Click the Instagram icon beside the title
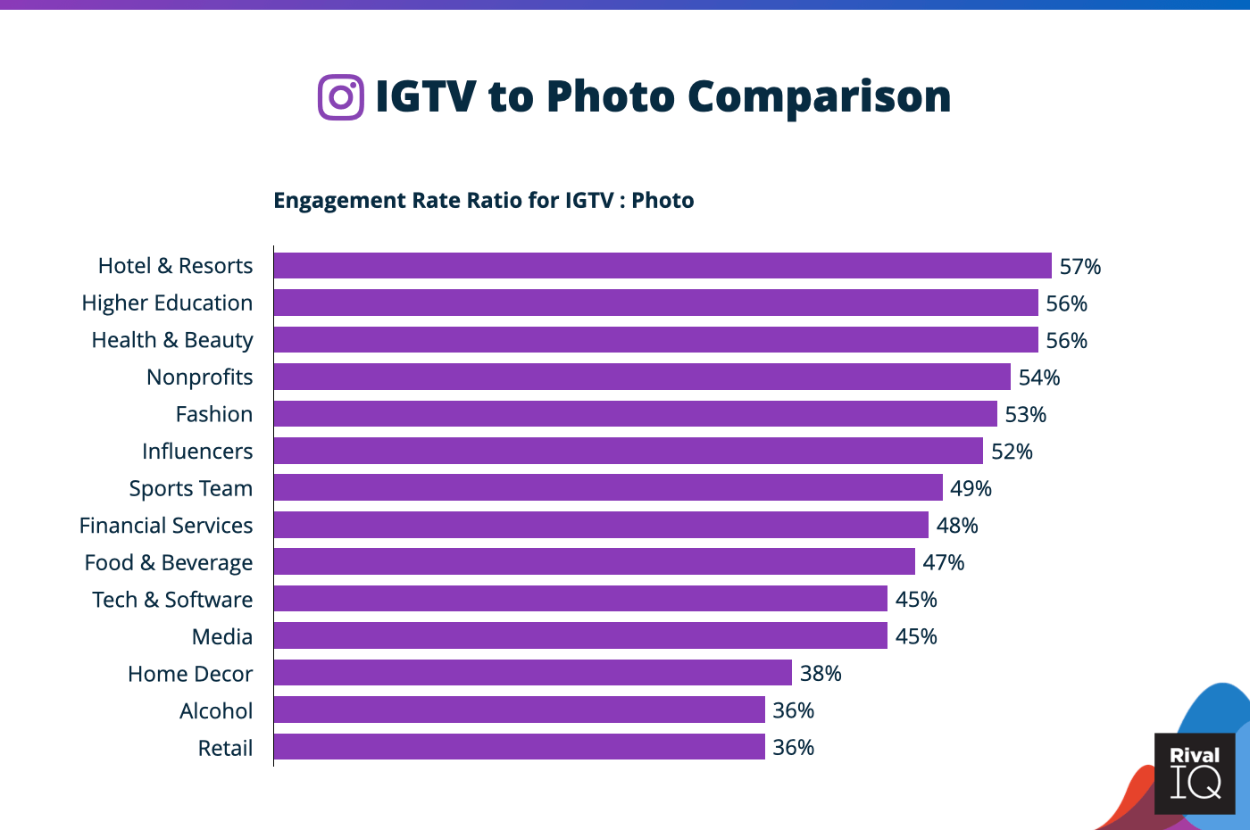341,96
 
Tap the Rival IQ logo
1195,773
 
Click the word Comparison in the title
819,96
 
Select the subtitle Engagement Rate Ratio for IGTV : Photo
483,200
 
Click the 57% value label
1079,267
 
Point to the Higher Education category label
167,303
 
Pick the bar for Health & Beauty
655,340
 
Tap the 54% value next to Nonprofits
1039,378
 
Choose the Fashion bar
635,414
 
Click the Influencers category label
197,452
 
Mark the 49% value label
971,488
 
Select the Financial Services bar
601,526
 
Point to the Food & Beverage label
169,563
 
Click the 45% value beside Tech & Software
916,600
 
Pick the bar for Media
580,636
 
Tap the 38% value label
821,674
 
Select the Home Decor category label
190,674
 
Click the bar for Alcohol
519,710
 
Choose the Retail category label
225,748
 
